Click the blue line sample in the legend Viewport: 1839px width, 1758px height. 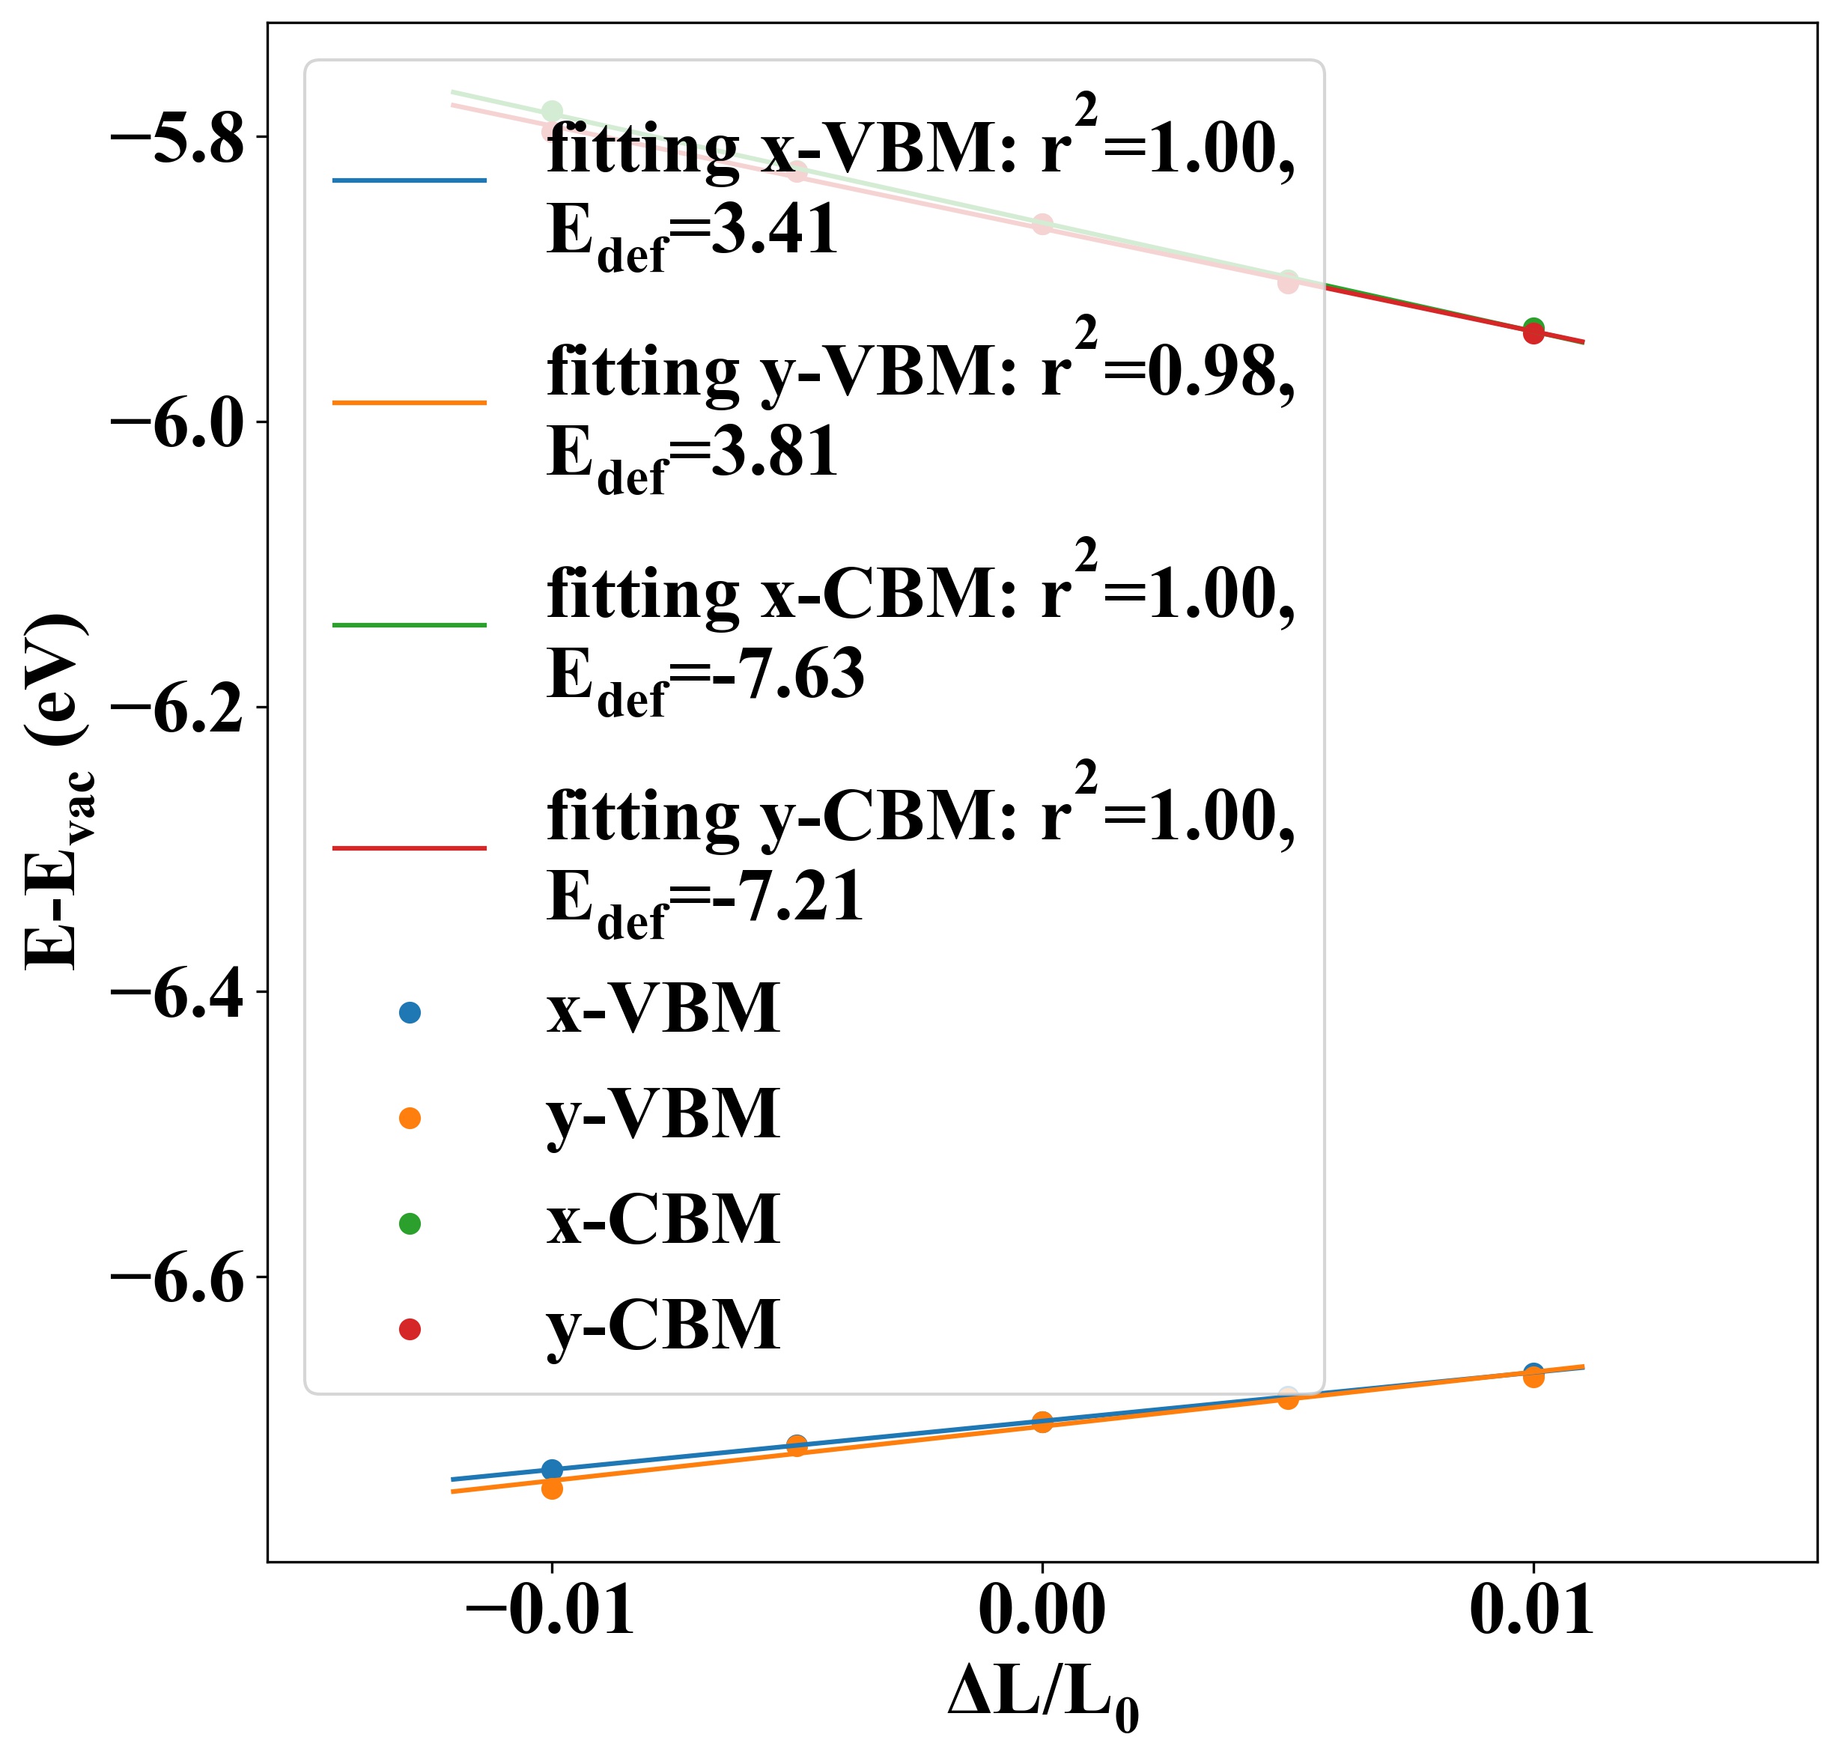pos(410,180)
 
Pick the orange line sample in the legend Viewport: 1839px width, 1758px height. pos(410,403)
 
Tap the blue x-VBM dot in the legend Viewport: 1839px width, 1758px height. pos(410,1012)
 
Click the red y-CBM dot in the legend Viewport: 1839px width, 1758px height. pos(410,1329)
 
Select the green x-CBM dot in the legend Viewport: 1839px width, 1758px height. pos(410,1223)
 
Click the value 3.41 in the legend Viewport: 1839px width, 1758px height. pos(774,230)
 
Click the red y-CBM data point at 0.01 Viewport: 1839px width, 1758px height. pos(1533,334)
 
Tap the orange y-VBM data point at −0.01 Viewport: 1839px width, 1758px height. pos(552,1488)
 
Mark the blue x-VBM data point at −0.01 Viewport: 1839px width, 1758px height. pos(552,1468)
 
